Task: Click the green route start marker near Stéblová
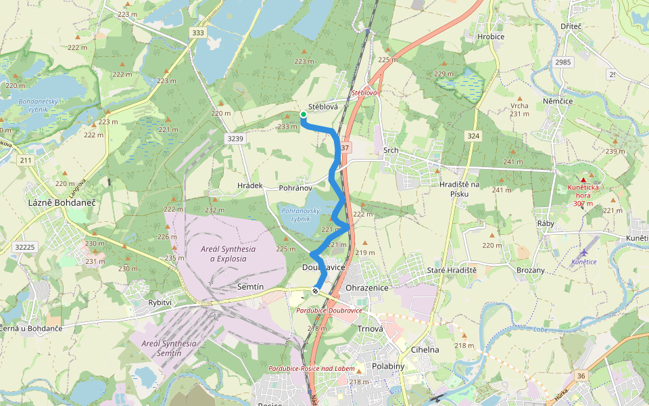click(303, 114)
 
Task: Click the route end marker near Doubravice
click(315, 290)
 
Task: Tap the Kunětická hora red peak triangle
click(583, 180)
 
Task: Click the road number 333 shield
click(198, 32)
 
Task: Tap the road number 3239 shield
click(234, 137)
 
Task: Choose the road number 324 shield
click(473, 136)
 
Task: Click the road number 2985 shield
click(562, 62)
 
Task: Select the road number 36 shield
click(581, 376)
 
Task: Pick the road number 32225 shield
click(24, 247)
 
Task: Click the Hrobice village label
click(491, 37)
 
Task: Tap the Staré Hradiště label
click(453, 270)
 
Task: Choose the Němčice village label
click(558, 101)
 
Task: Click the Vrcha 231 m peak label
click(519, 110)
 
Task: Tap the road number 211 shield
click(26, 160)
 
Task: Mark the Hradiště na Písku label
click(459, 189)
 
